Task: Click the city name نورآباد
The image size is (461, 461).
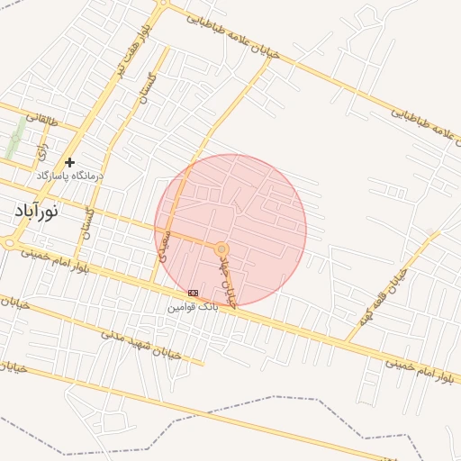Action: pos(36,212)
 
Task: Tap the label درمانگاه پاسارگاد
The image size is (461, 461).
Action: pos(69,176)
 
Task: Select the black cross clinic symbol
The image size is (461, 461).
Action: pos(69,162)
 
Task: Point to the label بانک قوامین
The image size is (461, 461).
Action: pos(193,307)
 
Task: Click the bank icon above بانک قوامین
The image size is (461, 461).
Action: pos(193,294)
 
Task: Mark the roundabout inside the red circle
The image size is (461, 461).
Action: pos(221,248)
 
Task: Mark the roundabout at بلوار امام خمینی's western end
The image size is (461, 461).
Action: pos(10,242)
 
